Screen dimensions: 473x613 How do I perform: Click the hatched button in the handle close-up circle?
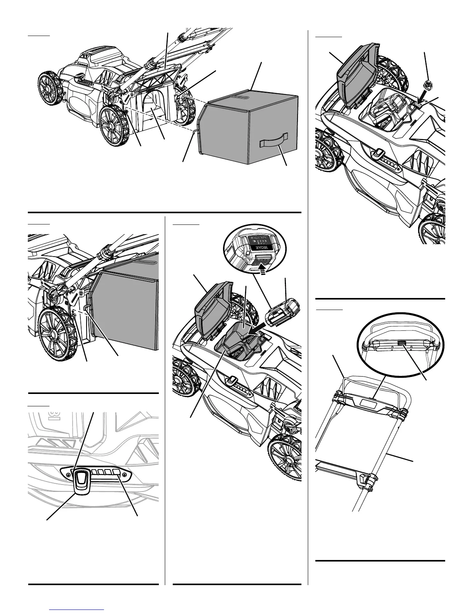point(402,343)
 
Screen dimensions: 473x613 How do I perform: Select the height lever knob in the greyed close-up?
point(81,481)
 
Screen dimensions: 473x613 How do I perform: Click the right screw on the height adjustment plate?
point(124,474)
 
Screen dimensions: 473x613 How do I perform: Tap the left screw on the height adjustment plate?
point(68,469)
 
